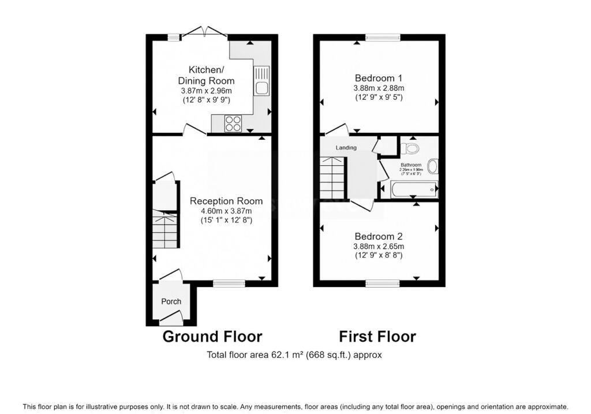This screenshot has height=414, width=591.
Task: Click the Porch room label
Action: click(x=171, y=301)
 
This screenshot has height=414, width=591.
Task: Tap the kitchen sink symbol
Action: click(x=262, y=81)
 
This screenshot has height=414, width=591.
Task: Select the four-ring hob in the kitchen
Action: click(x=233, y=123)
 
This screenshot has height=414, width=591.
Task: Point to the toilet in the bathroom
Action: click(x=410, y=148)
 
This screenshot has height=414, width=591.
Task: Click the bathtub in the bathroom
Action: click(x=414, y=189)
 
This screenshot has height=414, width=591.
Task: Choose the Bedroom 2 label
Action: click(x=379, y=236)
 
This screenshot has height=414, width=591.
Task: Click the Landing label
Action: click(x=347, y=148)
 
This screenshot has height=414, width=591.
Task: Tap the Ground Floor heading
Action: click(x=212, y=337)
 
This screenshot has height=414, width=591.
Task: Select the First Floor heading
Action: click(x=377, y=337)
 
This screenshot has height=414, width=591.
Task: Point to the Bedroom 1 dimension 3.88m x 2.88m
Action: click(x=379, y=88)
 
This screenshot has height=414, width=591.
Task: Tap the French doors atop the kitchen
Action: click(x=205, y=34)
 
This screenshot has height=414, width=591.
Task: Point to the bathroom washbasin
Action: click(x=433, y=167)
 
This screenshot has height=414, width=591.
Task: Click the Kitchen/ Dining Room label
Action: click(x=206, y=76)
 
